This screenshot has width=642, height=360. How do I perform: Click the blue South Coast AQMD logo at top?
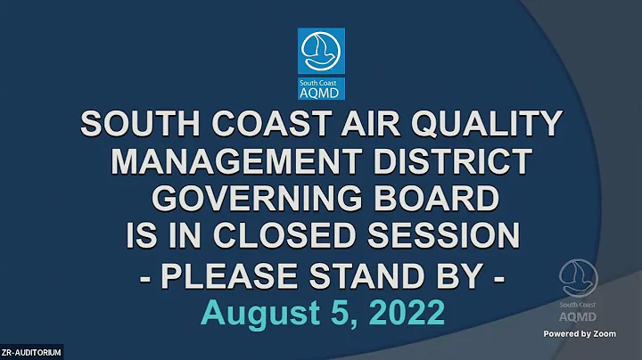321,63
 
